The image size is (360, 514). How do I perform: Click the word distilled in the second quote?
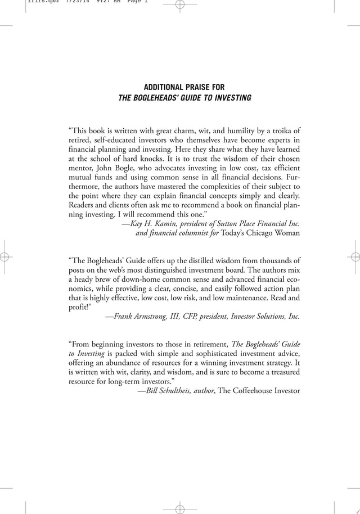(x=197, y=260)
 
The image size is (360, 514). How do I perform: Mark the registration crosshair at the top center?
(x=180, y=6)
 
